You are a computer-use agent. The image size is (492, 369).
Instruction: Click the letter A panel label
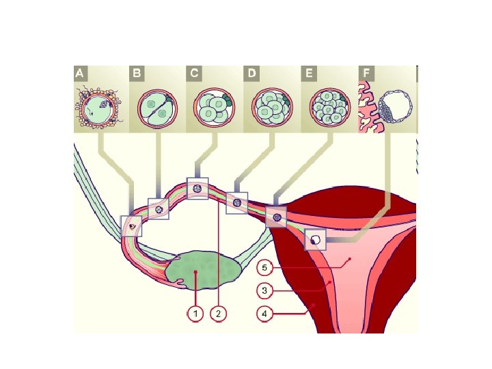click(81, 72)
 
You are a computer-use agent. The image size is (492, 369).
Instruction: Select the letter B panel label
click(138, 72)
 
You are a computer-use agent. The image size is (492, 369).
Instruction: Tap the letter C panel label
click(195, 72)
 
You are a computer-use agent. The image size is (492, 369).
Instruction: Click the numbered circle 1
click(195, 314)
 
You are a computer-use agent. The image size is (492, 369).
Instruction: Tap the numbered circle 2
click(218, 314)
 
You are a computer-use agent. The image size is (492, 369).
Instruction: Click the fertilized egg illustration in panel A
click(100, 107)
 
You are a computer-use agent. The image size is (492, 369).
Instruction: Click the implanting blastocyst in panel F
click(389, 109)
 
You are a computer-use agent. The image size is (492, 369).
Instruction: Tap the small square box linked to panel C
click(197, 188)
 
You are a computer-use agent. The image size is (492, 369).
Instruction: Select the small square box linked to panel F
click(315, 240)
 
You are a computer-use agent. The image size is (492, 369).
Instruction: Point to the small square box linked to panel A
click(131, 225)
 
